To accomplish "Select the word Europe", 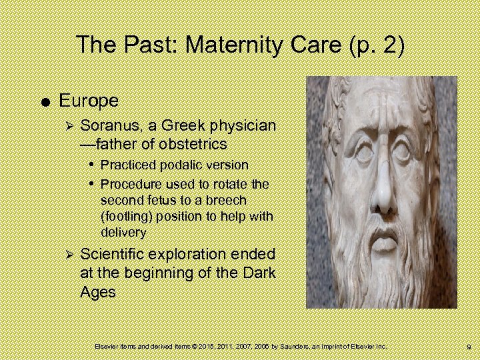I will [x=89, y=101].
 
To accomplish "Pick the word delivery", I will [x=123, y=232].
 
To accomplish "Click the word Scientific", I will [x=113, y=254].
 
